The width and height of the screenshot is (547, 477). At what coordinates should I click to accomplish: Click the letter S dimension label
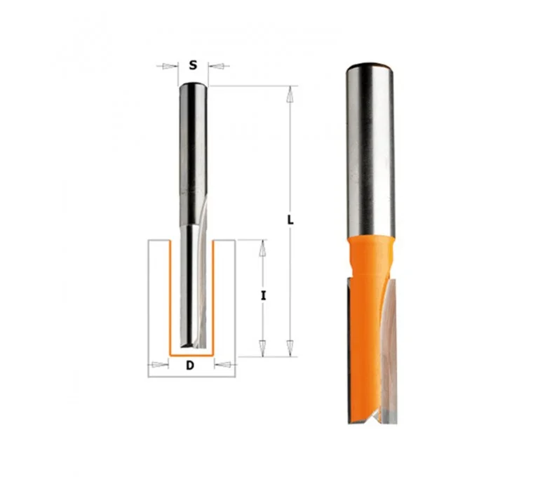(x=193, y=65)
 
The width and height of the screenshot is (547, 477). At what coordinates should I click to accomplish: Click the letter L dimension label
(x=290, y=220)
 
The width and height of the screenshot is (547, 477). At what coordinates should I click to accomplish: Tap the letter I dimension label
(x=264, y=296)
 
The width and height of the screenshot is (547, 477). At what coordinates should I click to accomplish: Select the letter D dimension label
(x=190, y=365)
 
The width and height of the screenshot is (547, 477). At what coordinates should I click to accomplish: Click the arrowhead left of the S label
(x=169, y=66)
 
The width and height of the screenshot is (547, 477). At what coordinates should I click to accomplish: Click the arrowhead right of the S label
(x=216, y=66)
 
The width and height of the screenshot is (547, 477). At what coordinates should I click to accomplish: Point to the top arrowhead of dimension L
(x=289, y=95)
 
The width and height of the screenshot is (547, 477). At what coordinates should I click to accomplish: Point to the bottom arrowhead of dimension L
(x=289, y=348)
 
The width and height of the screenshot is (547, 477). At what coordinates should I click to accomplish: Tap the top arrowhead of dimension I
(x=262, y=249)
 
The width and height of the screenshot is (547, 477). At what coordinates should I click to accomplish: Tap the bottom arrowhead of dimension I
(x=262, y=348)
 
